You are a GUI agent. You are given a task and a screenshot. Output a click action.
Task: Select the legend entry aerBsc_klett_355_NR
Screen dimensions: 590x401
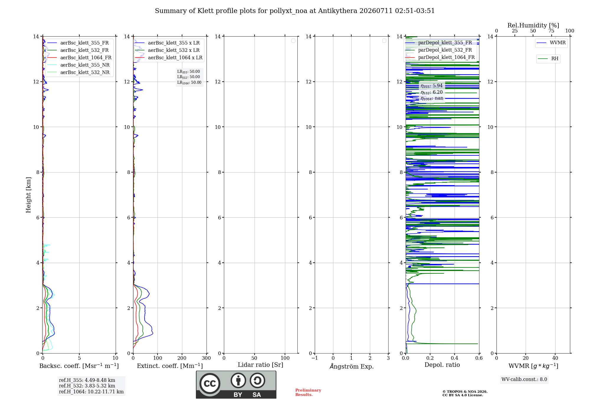coord(78,65)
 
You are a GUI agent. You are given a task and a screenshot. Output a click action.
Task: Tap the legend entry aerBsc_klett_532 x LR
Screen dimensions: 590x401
coord(167,50)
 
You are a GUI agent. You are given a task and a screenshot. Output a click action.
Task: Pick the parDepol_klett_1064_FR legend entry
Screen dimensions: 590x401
coord(440,57)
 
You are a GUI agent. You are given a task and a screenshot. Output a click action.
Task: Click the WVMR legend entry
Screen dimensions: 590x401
coord(551,43)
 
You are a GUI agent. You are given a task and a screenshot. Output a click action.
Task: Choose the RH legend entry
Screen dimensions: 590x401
coord(548,59)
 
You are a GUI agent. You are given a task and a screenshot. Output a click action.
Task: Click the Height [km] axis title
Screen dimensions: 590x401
coord(28,195)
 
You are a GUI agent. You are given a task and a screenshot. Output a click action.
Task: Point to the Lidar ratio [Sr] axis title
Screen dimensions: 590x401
coord(260,365)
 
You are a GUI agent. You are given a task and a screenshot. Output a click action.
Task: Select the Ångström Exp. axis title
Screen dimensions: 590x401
coord(352,366)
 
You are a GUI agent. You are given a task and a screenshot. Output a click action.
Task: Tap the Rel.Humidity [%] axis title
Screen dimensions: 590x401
coord(533,25)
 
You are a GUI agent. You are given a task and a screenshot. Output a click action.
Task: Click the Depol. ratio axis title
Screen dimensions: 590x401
coord(442,365)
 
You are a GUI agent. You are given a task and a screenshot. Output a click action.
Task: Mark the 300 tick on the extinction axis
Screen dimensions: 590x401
coord(206,358)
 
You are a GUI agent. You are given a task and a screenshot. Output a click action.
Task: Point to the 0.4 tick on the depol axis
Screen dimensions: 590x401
coord(455,358)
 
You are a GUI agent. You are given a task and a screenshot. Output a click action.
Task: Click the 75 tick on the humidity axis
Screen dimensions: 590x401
coord(551,31)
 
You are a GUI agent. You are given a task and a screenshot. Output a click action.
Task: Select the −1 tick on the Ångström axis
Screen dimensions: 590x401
coord(315,358)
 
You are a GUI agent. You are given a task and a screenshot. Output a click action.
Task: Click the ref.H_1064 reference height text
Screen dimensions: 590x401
coord(91,392)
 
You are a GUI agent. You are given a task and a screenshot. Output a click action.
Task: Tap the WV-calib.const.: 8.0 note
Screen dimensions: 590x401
coord(524,379)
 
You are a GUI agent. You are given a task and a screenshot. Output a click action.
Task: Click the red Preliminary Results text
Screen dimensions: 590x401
coord(308,392)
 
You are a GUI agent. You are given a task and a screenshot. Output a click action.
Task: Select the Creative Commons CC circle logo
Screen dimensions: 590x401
coord(210,384)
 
